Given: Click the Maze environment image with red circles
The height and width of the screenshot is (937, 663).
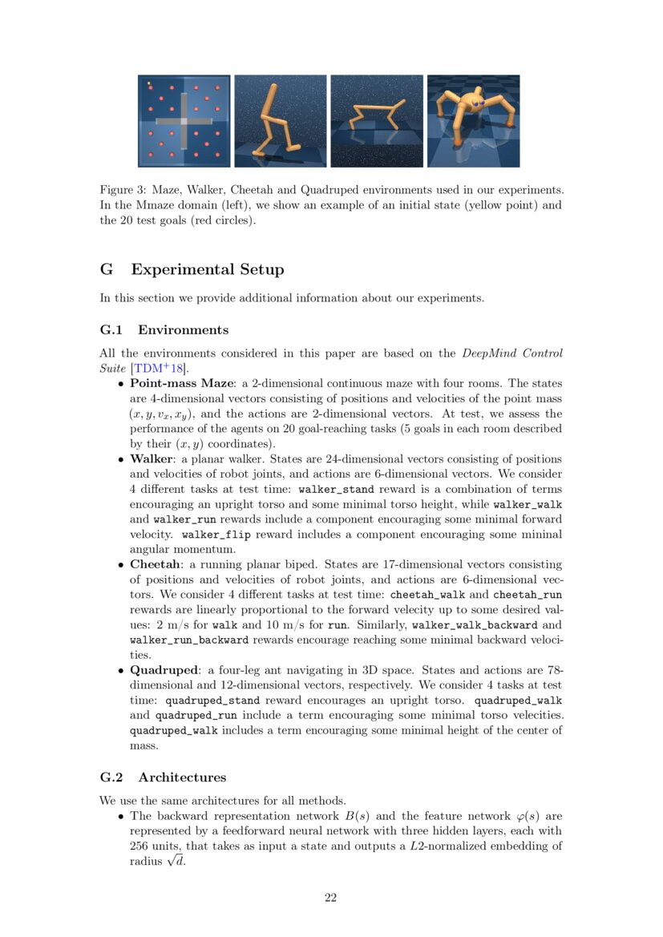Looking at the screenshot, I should click(184, 121).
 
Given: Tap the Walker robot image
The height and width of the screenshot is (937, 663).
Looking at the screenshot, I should click(280, 121).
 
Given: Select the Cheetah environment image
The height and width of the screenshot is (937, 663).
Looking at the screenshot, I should click(376, 121).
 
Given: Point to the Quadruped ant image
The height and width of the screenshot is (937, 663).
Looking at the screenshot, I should click(473, 121).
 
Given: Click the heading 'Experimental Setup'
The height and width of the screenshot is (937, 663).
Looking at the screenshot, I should click(207, 269).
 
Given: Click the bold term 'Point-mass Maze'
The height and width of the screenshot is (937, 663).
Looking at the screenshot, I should click(180, 383).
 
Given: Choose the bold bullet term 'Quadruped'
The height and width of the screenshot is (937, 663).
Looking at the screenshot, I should click(164, 669).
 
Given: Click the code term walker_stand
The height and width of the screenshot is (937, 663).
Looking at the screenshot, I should click(336, 489).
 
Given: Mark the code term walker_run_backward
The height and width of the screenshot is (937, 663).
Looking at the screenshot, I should click(188, 640).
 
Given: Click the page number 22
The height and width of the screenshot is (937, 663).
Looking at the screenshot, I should click(330, 898).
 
